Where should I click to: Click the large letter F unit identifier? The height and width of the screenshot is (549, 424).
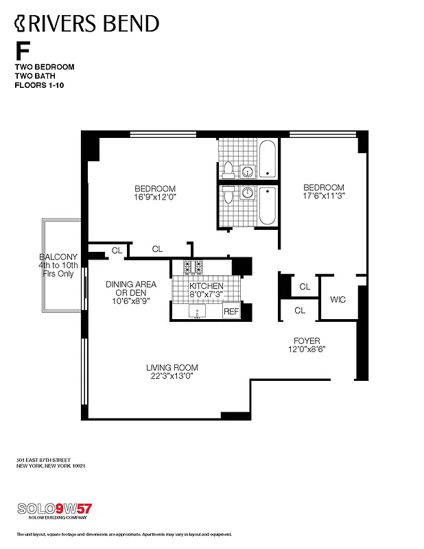23,51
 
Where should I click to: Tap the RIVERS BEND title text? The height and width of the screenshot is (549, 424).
86,24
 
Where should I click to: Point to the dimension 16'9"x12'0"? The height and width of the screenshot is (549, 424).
155,198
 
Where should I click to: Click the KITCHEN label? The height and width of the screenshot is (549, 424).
207,286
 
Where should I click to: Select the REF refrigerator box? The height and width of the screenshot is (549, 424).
232,312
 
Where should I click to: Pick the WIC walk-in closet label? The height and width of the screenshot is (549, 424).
338,299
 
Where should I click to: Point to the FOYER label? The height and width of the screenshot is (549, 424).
306,340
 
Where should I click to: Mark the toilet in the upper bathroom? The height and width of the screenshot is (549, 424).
227,170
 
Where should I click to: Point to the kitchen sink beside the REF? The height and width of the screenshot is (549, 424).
198,312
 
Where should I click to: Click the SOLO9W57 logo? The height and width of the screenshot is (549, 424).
54,509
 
